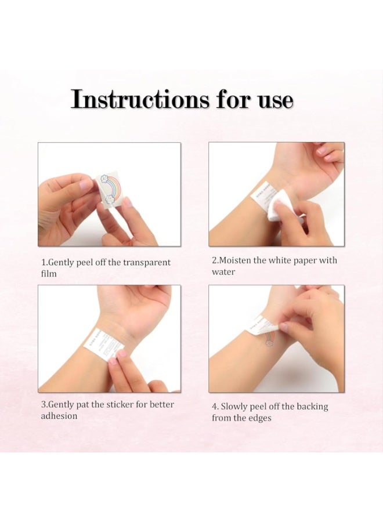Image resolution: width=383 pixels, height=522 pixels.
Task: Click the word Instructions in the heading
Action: (140, 99)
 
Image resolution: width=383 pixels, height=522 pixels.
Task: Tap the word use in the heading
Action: (276, 100)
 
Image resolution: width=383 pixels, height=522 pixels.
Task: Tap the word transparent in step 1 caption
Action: (147, 263)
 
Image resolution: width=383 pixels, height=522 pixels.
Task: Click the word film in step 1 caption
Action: (49, 274)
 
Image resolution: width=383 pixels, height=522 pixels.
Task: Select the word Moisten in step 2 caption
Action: (235, 260)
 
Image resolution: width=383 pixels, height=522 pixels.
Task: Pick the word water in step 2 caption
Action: (223, 271)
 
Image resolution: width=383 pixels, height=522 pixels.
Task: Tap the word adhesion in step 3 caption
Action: (59, 416)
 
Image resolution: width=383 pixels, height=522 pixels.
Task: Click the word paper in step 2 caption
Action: (304, 260)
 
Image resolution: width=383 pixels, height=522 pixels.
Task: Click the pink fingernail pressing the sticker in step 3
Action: (113, 361)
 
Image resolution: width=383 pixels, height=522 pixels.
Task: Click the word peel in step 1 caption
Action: (85, 263)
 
